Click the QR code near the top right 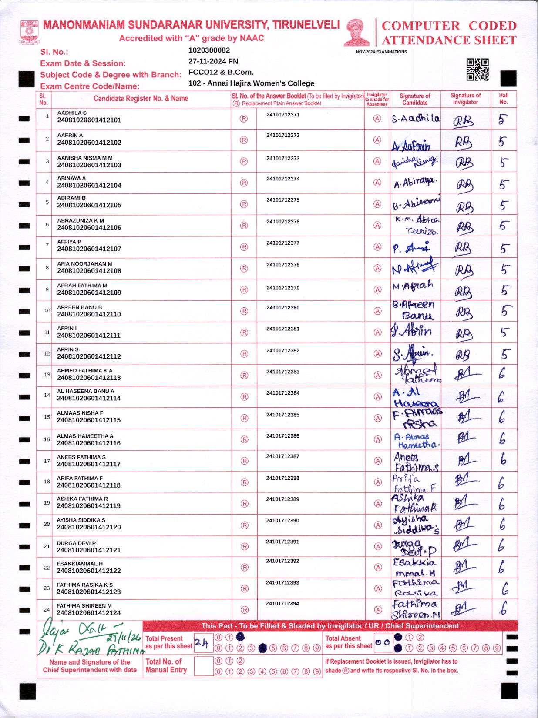(x=477, y=70)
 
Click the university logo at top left (x=29, y=32)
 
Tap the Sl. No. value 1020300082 (x=209, y=50)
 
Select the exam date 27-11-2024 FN (x=213, y=61)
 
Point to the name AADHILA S (x=72, y=113)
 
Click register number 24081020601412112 (x=89, y=356)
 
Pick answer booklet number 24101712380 (x=283, y=308)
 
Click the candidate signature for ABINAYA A (x=415, y=183)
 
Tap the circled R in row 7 (x=244, y=247)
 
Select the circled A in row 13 (x=378, y=375)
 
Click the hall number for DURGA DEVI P (x=502, y=545)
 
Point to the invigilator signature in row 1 (x=464, y=120)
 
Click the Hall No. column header (x=504, y=99)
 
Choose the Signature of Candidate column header (x=415, y=99)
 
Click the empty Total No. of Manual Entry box (x=203, y=666)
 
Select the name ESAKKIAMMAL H (x=80, y=564)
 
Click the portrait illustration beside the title (x=356, y=33)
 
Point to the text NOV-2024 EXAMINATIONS (x=381, y=52)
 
